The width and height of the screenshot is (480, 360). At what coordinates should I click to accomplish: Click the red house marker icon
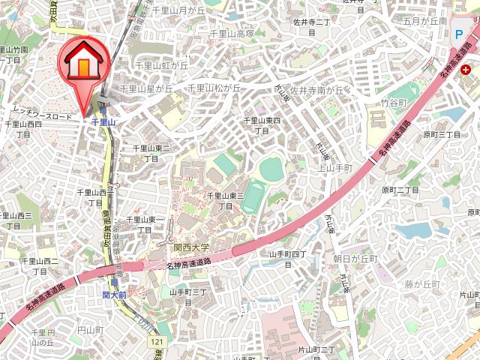click(x=82, y=64)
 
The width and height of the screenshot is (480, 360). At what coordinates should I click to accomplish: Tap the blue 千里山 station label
click(x=103, y=121)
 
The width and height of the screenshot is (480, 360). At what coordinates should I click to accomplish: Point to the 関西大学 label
click(x=191, y=247)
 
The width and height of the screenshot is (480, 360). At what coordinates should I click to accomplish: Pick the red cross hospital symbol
click(x=466, y=70)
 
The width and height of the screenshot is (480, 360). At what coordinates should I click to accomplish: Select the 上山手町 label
click(x=335, y=169)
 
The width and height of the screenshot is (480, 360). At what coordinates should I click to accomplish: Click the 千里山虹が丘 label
click(x=160, y=65)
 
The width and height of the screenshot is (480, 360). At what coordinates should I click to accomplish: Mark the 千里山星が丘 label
click(x=145, y=88)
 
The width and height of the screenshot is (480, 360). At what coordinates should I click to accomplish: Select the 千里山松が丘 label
click(x=214, y=88)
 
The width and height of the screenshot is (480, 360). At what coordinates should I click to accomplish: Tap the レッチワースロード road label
click(x=42, y=117)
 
